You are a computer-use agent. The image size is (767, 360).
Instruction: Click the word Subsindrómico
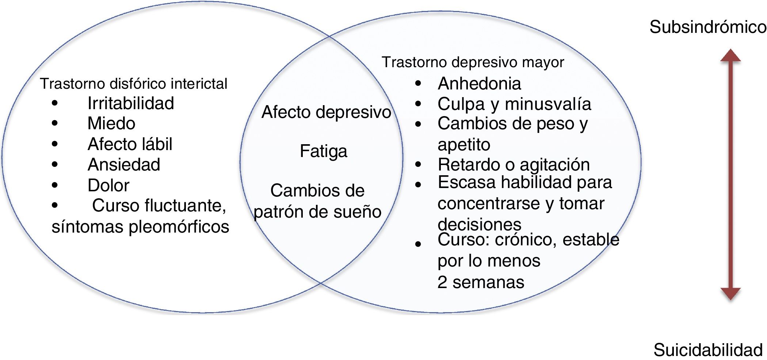click(x=707, y=27)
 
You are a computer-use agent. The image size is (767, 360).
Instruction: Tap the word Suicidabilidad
click(x=707, y=350)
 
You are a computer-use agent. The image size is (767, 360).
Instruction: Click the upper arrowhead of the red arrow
click(x=730, y=56)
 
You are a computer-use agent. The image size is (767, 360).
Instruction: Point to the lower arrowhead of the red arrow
click(x=730, y=293)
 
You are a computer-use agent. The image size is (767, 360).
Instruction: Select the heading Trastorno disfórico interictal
click(x=133, y=84)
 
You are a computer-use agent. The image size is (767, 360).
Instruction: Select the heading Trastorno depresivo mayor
click(x=473, y=62)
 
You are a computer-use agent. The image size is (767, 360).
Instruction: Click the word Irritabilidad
click(x=130, y=103)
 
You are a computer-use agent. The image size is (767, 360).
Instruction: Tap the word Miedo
click(x=111, y=123)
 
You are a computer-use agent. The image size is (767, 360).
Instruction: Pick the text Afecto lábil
click(x=130, y=144)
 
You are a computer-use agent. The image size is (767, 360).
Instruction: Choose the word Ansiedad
click(x=124, y=165)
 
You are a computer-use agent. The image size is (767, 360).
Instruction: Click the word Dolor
click(x=108, y=185)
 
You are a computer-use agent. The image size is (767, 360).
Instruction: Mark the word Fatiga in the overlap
click(x=323, y=151)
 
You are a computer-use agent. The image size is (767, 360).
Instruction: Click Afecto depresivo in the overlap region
click(x=326, y=112)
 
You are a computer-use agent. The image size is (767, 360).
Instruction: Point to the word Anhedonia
click(x=479, y=84)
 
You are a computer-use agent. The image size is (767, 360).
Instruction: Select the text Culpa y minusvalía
click(x=514, y=104)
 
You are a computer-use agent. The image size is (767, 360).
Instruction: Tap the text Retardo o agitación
click(x=514, y=165)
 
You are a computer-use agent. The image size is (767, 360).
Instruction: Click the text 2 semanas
click(x=481, y=282)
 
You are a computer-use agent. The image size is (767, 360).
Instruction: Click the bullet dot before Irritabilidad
click(x=55, y=103)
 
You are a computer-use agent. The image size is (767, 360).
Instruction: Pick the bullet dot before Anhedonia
click(x=418, y=84)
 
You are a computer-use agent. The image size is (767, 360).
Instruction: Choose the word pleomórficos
click(x=179, y=227)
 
